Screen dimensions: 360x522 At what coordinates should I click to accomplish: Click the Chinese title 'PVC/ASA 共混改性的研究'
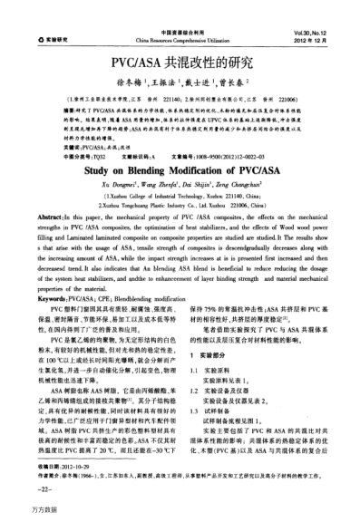(x=180, y=66)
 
